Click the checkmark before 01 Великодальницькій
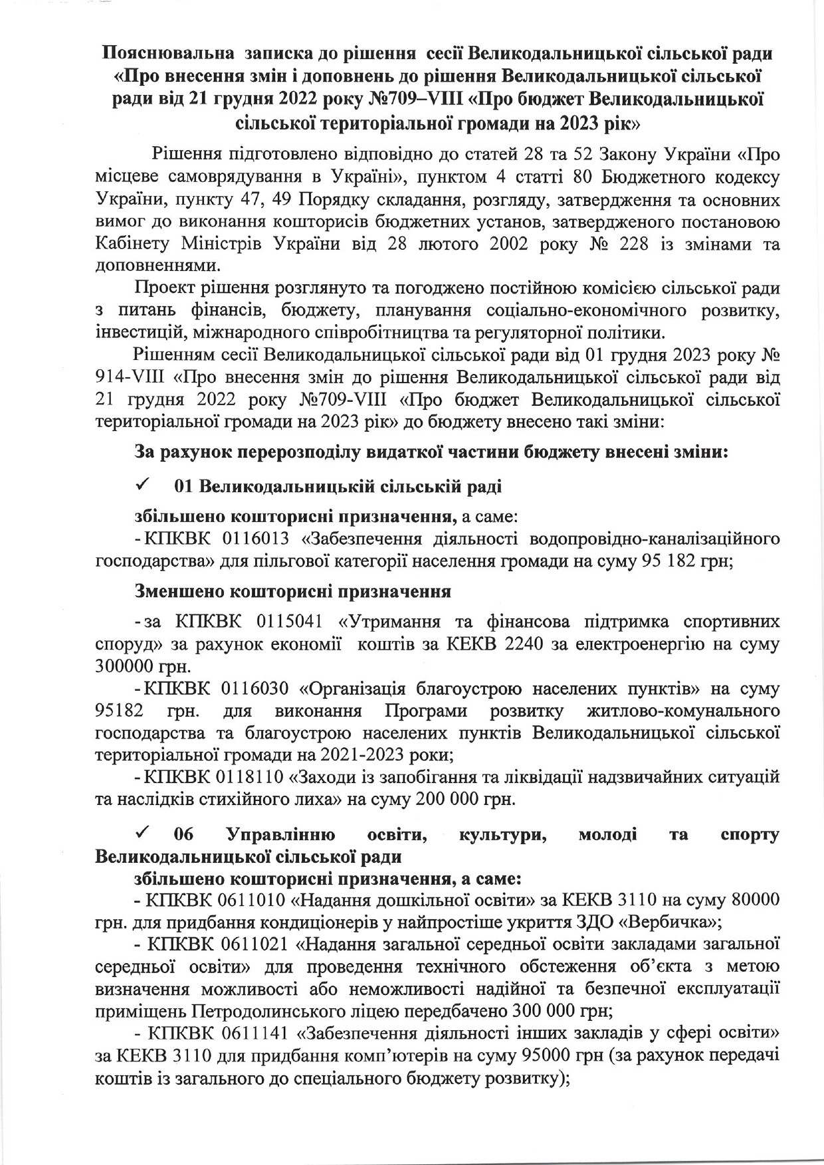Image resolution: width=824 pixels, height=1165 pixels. [x=142, y=486]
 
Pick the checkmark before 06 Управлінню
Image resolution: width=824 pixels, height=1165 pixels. [x=142, y=833]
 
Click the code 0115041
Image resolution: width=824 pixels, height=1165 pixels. [x=284, y=622]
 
